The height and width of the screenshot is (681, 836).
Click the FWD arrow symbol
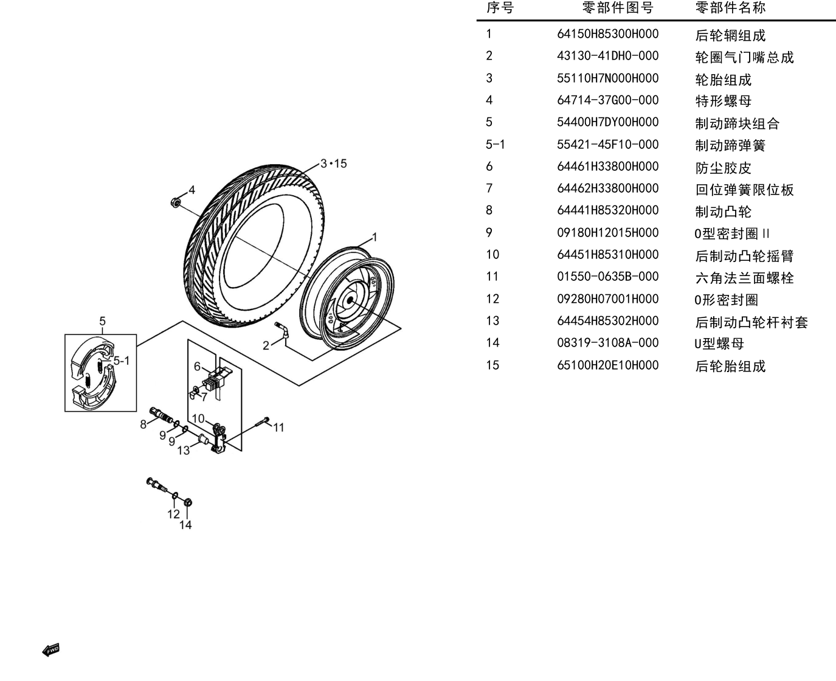[x=51, y=651]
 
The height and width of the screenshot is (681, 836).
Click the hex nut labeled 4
[x=176, y=202]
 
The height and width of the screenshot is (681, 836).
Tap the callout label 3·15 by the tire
[x=334, y=164]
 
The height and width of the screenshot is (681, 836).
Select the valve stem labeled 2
[x=283, y=330]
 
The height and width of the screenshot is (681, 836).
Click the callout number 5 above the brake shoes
[x=102, y=321]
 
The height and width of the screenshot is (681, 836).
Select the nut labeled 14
[x=188, y=502]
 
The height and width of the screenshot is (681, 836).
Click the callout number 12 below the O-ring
[x=173, y=514]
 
